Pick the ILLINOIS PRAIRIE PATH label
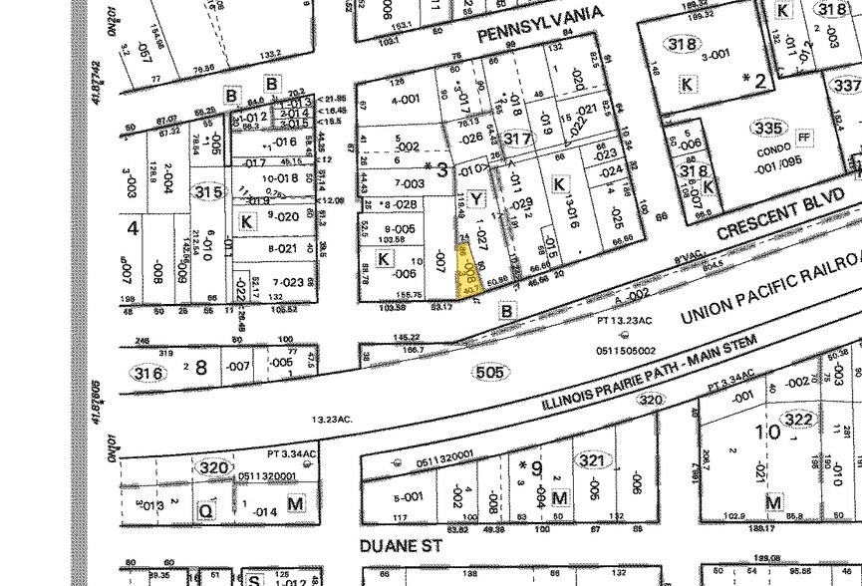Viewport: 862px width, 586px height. (649, 374)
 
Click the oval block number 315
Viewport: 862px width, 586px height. (207, 191)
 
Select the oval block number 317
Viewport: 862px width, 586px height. (517, 139)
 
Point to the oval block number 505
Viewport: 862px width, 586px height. (491, 372)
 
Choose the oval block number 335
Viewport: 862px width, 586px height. (767, 129)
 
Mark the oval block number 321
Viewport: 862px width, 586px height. (591, 460)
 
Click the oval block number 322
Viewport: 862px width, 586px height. (798, 420)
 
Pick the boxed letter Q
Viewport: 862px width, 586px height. (206, 509)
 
